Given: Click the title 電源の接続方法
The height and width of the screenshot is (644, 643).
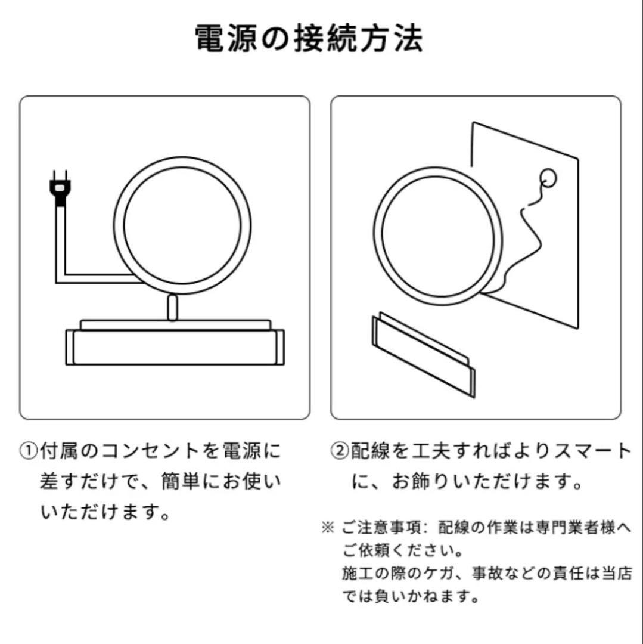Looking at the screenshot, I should click(309, 39).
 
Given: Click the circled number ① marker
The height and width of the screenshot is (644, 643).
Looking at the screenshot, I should click(29, 451).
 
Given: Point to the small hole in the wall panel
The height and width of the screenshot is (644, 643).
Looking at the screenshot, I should click(546, 177).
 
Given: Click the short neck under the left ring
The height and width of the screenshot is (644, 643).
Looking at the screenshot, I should click(172, 307).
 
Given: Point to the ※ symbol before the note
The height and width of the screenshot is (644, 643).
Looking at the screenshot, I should click(327, 528).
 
